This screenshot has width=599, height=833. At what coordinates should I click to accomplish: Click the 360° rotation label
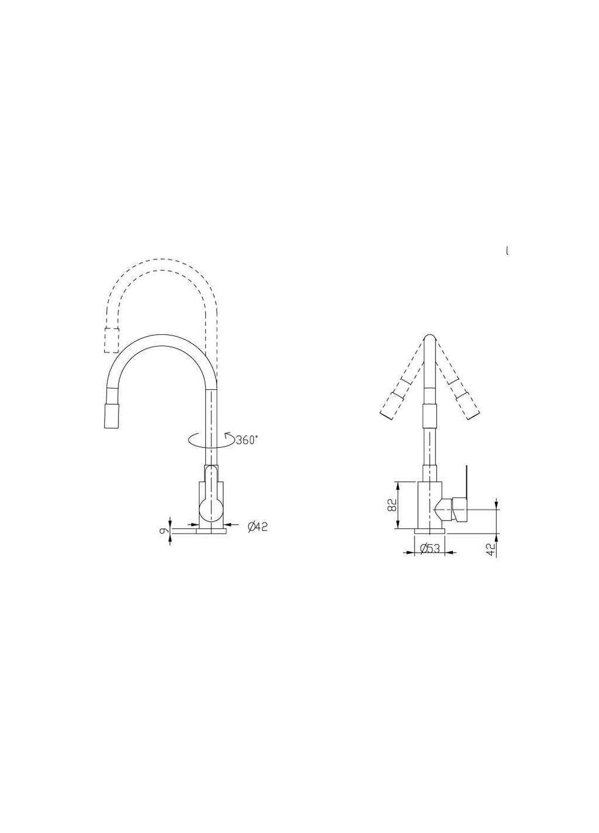pyautogui.click(x=247, y=440)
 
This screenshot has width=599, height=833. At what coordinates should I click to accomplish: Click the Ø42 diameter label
pyautogui.click(x=257, y=526)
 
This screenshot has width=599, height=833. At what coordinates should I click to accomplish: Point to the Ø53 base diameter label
pyautogui.click(x=430, y=549)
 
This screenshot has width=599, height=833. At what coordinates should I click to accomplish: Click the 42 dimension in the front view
pyautogui.click(x=491, y=549)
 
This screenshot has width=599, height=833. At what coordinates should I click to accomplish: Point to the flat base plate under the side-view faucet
pyautogui.click(x=200, y=532)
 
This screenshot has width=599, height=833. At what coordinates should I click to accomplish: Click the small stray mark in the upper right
pyautogui.click(x=507, y=251)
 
